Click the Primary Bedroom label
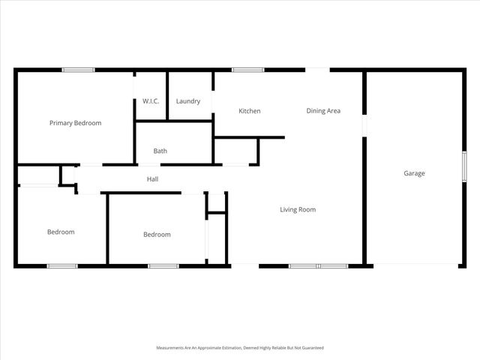(x=75, y=123)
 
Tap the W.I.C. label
(x=151, y=101)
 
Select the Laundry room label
(x=188, y=101)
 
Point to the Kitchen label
(x=250, y=111)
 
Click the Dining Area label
(x=323, y=111)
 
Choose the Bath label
(x=160, y=151)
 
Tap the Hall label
(x=152, y=179)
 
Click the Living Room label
(x=298, y=209)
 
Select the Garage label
(x=415, y=173)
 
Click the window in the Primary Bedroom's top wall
(x=78, y=70)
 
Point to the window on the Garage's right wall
(x=464, y=166)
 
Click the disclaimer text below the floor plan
(x=239, y=348)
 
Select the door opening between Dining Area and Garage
(x=364, y=125)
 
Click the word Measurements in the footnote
(x=170, y=348)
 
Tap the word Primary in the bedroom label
(x=61, y=123)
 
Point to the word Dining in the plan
(x=316, y=111)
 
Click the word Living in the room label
(x=288, y=209)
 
